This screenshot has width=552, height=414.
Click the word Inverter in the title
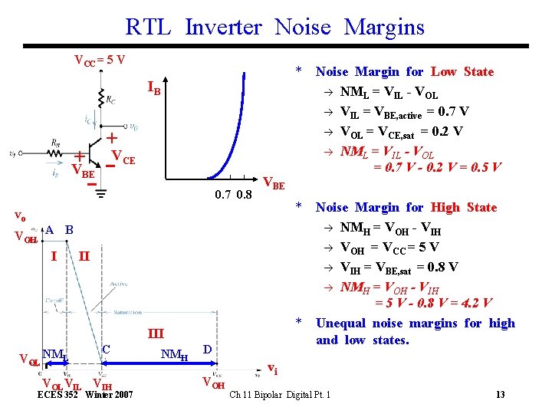223,27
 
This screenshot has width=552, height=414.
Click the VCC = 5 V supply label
100,59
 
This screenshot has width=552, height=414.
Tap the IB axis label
154,90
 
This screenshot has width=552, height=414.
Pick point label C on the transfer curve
107,348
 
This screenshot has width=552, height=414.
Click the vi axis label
271,369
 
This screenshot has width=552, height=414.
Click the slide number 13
500,395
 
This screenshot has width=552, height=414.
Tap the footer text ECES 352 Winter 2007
86,395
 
